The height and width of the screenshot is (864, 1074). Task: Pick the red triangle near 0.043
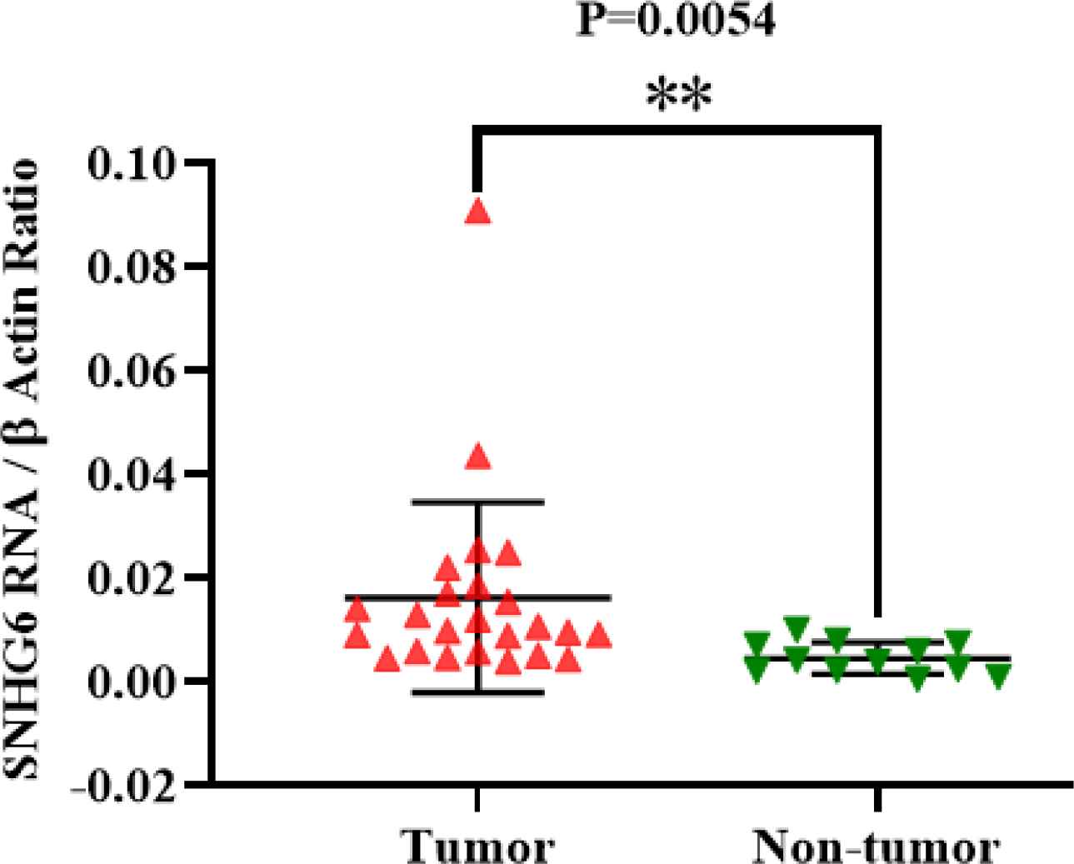tap(478, 457)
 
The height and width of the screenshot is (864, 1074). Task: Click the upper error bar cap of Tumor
tap(478, 502)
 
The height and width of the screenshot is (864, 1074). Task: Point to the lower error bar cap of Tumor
tap(478, 692)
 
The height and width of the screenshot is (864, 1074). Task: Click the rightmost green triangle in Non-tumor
tap(998, 676)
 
